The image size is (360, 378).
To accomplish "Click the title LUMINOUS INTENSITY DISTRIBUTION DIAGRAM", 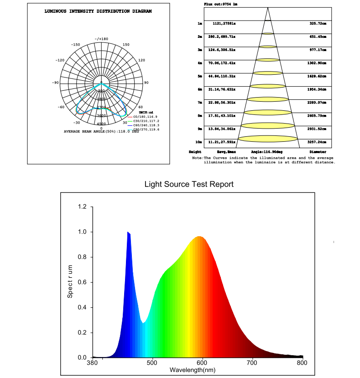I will coord(98,11).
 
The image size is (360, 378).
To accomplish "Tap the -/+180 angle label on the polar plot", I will coord(101,39).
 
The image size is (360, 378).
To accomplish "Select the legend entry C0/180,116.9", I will coord(145,117).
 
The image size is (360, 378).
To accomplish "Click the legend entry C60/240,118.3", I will coord(146,125).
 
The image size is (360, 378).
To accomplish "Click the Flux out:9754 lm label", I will coord(221,4).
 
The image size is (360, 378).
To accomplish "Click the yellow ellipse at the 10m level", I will coord(267,139).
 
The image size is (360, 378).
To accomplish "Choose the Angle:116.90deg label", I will coord(267,151).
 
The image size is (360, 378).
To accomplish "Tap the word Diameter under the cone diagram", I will coord(318,151).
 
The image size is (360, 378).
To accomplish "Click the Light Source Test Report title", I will coord(189,184).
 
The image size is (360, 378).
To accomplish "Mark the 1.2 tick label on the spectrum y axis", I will coord(82,207).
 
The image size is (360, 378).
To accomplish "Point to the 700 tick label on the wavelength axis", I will coord(252,363).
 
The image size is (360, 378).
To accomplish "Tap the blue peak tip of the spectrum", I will coord(128,233).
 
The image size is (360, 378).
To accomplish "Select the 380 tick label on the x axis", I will coord(93,363).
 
